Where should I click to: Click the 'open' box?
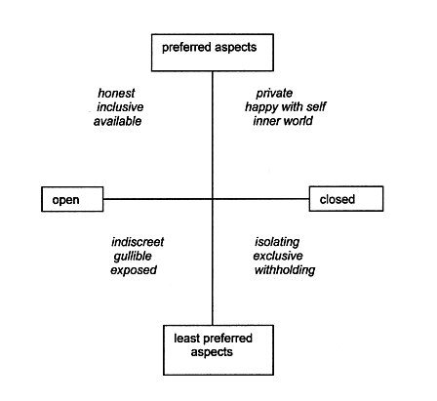coord(72,199)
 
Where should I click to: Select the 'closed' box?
coord(346,199)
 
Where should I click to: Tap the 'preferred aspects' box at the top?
coord(213,53)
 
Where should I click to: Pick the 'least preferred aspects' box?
coord(218,350)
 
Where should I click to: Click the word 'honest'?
coord(116,94)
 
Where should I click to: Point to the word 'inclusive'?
coord(120,107)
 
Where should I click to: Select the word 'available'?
coord(118,121)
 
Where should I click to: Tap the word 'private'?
coord(274,94)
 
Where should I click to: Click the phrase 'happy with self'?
coord(286,107)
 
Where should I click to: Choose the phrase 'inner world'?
coord(283,121)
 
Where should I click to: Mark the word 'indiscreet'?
coord(138,242)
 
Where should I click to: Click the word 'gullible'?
coord(133,257)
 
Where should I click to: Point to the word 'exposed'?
coord(134,270)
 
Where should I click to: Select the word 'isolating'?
coord(277,242)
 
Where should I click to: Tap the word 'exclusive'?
coord(278,256)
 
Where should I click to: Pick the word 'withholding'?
coord(285,270)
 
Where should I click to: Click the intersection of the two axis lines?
coord(213,199)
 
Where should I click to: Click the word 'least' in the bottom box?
coord(186,339)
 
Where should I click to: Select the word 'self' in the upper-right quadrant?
coord(317,106)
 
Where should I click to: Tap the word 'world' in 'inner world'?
coord(298,121)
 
